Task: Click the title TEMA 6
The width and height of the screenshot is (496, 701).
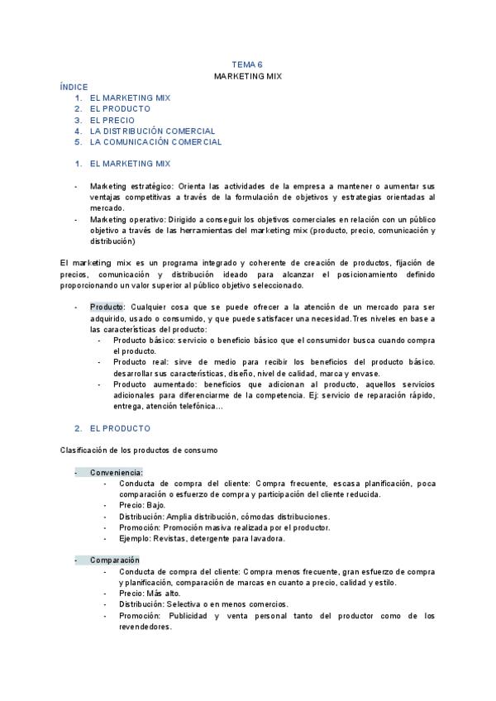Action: [x=247, y=64]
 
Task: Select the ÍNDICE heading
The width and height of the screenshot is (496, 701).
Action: [x=74, y=87]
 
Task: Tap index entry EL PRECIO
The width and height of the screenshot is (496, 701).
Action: [x=112, y=120]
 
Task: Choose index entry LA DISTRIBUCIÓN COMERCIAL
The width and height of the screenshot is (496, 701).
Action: [x=152, y=131]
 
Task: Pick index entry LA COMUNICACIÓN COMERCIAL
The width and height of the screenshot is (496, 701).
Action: [x=155, y=142]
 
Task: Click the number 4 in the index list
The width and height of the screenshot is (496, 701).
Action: [x=77, y=131]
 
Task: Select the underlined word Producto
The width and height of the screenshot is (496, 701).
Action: [x=106, y=308]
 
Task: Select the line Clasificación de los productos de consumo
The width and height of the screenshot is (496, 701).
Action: [x=139, y=450]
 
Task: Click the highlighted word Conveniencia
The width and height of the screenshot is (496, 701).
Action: [x=116, y=472]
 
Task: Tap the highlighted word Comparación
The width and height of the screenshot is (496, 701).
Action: [x=115, y=560]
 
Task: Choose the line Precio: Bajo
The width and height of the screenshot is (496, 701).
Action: [x=142, y=505]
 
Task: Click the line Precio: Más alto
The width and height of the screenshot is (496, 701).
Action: [x=149, y=594]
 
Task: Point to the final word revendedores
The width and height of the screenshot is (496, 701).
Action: [x=145, y=627]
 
